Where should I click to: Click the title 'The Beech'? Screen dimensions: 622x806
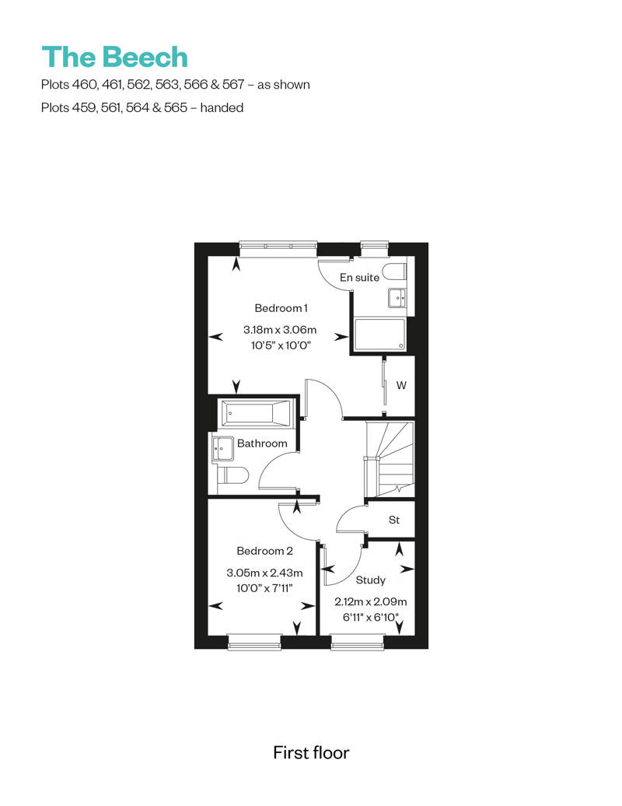[x=114, y=57]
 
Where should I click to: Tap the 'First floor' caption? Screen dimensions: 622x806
[x=311, y=752]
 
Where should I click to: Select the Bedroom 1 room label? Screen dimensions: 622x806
[x=281, y=308]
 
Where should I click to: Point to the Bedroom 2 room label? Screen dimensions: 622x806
[x=264, y=551]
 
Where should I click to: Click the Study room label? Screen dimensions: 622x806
[x=370, y=580]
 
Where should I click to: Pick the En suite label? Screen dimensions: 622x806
[x=359, y=278]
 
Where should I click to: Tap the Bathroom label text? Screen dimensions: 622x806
[x=262, y=443]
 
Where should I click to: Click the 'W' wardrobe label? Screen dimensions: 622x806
[x=401, y=385]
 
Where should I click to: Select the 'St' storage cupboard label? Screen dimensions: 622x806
[x=394, y=520]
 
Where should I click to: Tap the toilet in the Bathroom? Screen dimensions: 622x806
[x=232, y=475]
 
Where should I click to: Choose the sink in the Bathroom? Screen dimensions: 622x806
[x=222, y=449]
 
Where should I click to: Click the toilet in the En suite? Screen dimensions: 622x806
[x=395, y=272]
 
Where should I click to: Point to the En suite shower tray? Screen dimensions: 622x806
[x=379, y=334]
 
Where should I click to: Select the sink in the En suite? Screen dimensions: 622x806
[x=397, y=297]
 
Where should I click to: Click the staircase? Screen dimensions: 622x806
[x=389, y=460]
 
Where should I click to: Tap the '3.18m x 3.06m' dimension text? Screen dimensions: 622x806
[x=280, y=330]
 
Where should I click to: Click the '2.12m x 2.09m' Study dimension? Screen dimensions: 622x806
[x=370, y=601]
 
